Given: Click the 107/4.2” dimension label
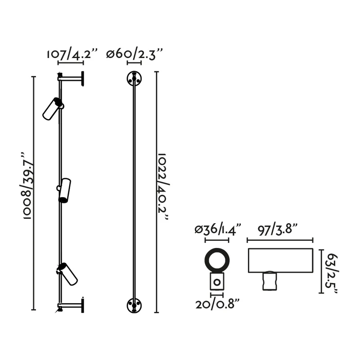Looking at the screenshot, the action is pyautogui.click(x=72, y=54).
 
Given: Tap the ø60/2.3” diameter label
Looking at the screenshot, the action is pyautogui.click(x=135, y=54).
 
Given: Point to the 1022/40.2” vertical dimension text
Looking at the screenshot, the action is pyautogui.click(x=163, y=186).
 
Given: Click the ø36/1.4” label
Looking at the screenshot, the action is pyautogui.click(x=218, y=229).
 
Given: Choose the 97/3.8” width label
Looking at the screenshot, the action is pyautogui.click(x=278, y=229).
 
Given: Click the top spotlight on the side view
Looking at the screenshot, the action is pyautogui.click(x=53, y=108).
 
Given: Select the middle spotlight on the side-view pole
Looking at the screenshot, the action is pyautogui.click(x=64, y=190).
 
